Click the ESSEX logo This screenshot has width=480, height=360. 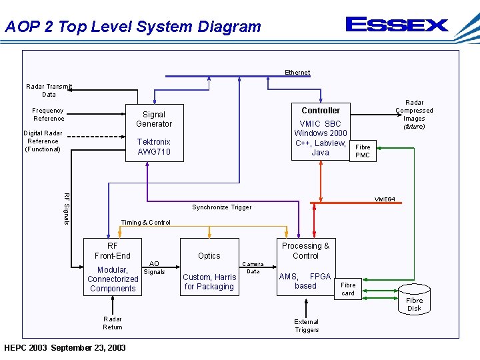(x=397, y=25)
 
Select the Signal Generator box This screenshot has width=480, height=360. (x=154, y=133)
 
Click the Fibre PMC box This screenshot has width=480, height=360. (x=363, y=151)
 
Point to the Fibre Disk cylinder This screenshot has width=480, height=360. (x=414, y=299)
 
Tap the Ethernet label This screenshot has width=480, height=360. (x=297, y=73)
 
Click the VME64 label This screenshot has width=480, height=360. (x=385, y=199)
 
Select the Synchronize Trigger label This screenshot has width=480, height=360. (x=222, y=207)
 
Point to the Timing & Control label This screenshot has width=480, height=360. (x=145, y=223)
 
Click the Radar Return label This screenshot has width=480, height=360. (x=113, y=323)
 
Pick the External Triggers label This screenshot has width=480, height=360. (x=307, y=326)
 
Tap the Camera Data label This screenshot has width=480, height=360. (x=253, y=268)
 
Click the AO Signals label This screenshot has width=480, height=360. (x=155, y=268)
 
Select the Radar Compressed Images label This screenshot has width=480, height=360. (x=414, y=114)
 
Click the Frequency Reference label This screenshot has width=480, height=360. (x=49, y=115)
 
